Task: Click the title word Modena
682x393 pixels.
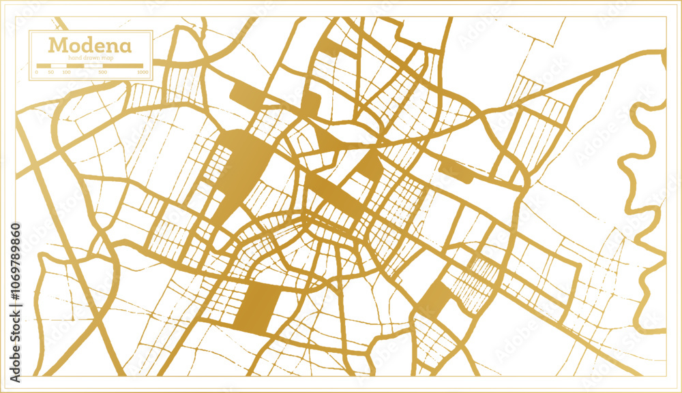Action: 80,47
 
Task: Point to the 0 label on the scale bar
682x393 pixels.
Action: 38,72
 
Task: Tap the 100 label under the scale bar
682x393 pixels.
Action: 67,72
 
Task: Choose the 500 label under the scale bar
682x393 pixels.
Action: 103,72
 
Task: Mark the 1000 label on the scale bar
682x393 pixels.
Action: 142,72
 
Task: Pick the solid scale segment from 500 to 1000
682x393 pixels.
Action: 123,66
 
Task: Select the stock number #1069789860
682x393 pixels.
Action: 16,266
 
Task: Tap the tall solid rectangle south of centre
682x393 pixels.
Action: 258,307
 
